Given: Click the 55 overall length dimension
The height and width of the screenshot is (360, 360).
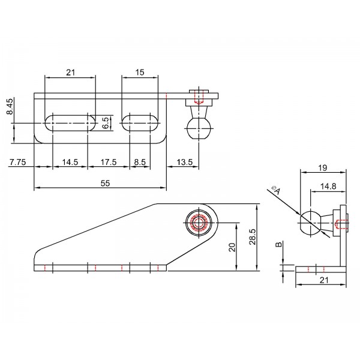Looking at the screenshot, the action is click(x=106, y=183).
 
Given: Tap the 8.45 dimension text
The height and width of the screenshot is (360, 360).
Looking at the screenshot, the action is click(x=10, y=106).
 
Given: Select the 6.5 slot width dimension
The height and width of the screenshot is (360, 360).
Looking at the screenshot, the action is click(x=106, y=123).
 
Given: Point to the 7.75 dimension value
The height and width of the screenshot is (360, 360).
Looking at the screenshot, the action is click(x=17, y=162).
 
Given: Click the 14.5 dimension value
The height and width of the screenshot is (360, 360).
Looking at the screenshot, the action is click(x=70, y=162).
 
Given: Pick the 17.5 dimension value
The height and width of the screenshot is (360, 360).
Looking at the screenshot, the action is click(x=109, y=162).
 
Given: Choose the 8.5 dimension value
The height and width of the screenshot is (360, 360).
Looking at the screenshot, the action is click(x=140, y=162).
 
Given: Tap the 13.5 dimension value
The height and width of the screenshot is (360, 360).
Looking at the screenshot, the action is click(x=185, y=162).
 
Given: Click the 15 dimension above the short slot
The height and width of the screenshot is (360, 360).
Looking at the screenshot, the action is click(x=140, y=73).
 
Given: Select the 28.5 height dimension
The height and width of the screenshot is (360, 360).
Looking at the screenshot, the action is click(x=253, y=237).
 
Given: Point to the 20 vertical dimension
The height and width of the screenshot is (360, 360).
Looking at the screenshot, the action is click(x=232, y=247).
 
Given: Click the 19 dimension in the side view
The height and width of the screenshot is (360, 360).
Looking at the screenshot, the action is click(x=323, y=168).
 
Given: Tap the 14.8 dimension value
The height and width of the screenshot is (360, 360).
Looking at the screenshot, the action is click(x=328, y=186).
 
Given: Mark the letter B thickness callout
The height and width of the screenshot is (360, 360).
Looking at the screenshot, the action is click(x=278, y=245).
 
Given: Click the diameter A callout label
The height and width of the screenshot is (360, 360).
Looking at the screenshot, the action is click(x=276, y=190).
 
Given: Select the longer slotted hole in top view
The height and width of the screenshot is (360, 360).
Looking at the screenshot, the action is click(x=70, y=123).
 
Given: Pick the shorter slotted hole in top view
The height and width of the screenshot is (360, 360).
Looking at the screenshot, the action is click(x=140, y=123).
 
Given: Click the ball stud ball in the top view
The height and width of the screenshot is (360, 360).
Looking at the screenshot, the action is click(x=199, y=128).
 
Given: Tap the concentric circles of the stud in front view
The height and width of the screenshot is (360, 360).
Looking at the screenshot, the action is click(x=199, y=223).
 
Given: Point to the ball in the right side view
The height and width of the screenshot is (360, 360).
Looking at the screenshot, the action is click(x=311, y=223).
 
